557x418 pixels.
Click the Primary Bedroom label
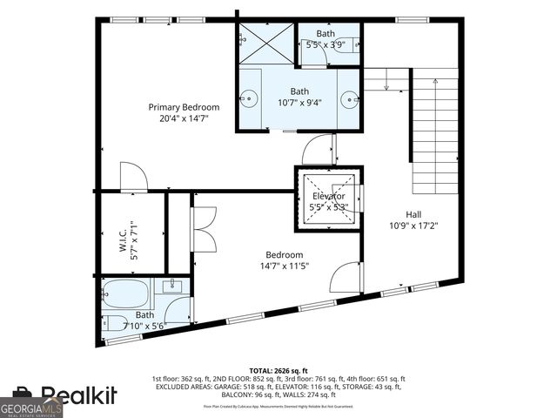pyautogui.click(x=184, y=107)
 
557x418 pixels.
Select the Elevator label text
pyautogui.click(x=329, y=197)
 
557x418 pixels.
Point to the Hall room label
pyautogui.click(x=414, y=214)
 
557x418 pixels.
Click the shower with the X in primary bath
pyautogui.click(x=267, y=42)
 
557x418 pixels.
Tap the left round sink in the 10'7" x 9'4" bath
pyautogui.click(x=250, y=98)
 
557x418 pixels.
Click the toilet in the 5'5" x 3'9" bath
pyautogui.click(x=344, y=50)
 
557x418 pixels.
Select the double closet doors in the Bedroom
pyautogui.click(x=202, y=230)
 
